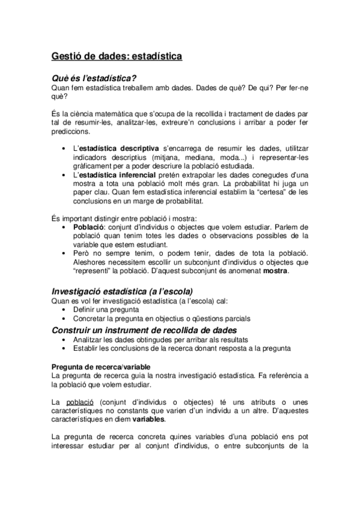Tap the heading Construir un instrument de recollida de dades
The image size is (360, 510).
[x=144, y=330]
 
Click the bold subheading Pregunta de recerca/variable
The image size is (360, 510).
[x=101, y=366]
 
